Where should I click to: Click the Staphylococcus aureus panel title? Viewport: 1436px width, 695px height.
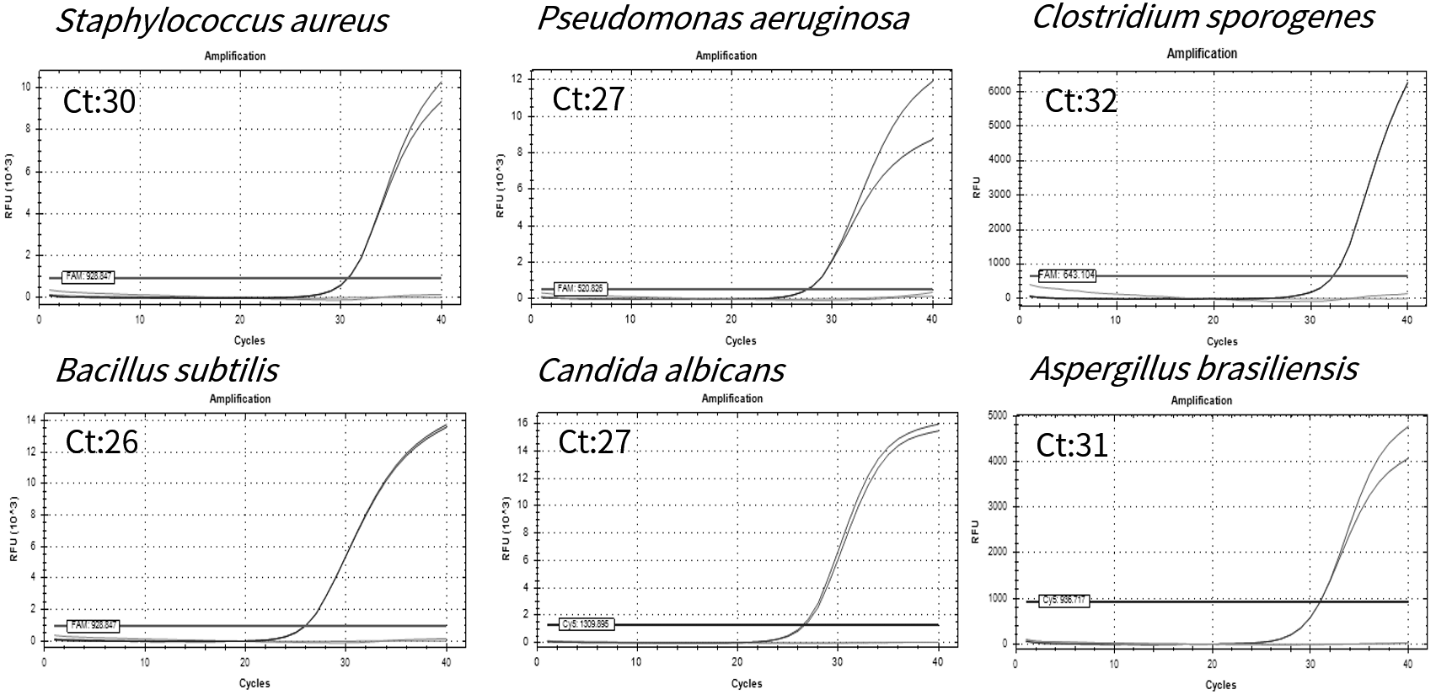222,20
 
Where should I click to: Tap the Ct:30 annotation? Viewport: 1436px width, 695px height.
99,102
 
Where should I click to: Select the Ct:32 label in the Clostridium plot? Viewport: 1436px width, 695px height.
1080,101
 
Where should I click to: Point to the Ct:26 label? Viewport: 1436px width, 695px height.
101,442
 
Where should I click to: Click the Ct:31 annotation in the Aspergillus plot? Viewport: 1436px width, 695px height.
1072,445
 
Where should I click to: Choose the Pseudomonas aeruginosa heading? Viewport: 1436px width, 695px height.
723,18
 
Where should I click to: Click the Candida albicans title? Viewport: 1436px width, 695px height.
662,370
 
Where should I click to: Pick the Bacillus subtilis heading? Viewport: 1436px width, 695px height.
167,370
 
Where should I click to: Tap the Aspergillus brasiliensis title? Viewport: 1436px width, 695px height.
1194,368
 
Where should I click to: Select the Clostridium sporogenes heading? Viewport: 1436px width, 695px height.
1203,16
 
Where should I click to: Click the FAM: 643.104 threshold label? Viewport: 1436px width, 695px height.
1067,275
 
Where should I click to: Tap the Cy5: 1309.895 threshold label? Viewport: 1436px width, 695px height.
584,624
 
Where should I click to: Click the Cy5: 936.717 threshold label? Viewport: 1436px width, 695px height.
1064,601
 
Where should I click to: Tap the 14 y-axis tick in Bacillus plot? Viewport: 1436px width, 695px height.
31,420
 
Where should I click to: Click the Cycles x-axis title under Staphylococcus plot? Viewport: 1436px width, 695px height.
249,341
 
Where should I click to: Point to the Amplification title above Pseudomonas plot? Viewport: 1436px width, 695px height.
726,56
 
